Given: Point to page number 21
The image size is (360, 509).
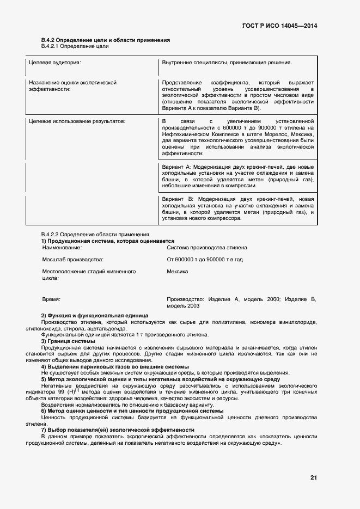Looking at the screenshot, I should pos(314,477).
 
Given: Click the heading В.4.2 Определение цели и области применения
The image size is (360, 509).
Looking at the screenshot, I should pos(106,40).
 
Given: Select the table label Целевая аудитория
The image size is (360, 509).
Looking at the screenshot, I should pos(54,63).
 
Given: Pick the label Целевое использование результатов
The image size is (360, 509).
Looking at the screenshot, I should pos(77,120).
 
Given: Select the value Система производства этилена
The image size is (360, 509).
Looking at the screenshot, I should pos(206,247).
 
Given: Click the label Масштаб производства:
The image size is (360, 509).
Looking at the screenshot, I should pos(72,260).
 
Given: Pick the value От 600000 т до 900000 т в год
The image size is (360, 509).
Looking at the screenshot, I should pos(205,260).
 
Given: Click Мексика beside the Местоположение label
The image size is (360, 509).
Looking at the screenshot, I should pos(178,271).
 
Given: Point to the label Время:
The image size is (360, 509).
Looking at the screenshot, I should pos(51,299).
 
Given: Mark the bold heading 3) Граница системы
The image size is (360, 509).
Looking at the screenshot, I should pos(69,341).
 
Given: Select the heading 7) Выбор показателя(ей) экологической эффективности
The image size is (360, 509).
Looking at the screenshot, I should pos(118,430).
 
